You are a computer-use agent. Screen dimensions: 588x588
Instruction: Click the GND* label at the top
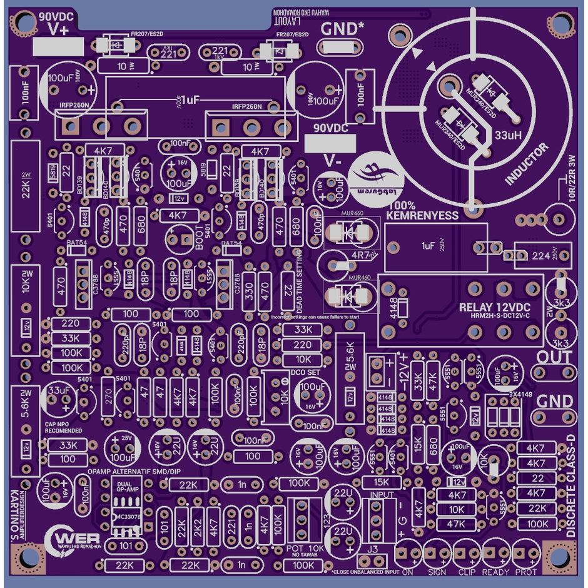tap(342, 29)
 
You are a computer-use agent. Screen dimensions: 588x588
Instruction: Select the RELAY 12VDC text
tap(494, 307)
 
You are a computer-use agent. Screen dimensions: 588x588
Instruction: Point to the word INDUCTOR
tap(527, 164)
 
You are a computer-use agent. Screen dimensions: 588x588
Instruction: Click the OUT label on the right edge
tap(555, 357)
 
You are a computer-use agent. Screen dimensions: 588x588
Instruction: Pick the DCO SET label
tap(305, 372)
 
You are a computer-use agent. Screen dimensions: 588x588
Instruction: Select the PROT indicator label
tap(526, 572)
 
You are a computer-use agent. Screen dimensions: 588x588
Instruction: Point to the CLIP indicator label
tap(467, 572)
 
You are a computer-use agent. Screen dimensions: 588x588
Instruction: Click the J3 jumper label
tap(373, 549)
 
